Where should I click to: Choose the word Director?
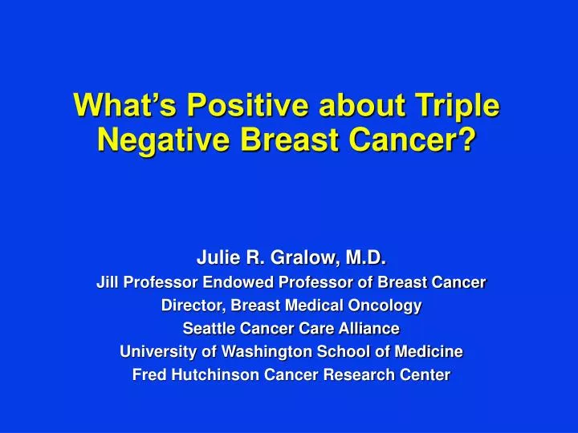(189, 306)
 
